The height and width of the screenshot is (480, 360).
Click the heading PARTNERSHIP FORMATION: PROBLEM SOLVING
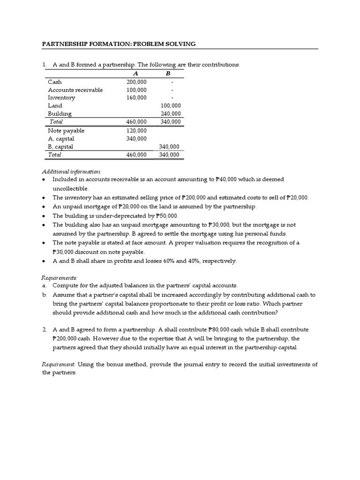(x=119, y=44)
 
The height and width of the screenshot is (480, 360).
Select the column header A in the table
(x=136, y=74)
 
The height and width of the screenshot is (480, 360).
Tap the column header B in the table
(x=168, y=74)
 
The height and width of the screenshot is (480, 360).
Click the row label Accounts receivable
(x=75, y=90)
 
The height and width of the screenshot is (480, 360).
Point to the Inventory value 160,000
(x=136, y=97)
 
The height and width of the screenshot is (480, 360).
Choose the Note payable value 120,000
(x=136, y=130)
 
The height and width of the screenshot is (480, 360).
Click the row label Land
(x=55, y=105)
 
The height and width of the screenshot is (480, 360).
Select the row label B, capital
(x=61, y=146)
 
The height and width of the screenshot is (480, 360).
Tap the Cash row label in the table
(x=55, y=82)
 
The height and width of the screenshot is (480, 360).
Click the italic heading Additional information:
(x=71, y=172)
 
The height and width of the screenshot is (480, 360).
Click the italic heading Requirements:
(x=60, y=277)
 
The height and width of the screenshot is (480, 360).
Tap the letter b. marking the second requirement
(x=45, y=295)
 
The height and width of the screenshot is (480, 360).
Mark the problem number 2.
(x=44, y=330)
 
